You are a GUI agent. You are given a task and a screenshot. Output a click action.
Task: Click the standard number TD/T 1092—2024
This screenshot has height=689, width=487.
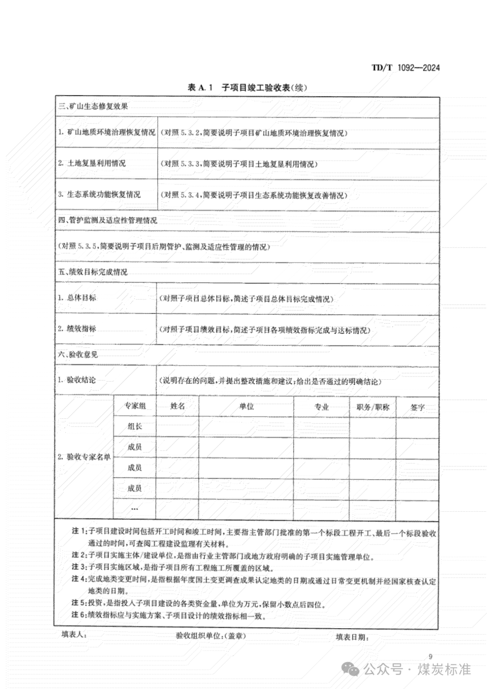pos(405,68)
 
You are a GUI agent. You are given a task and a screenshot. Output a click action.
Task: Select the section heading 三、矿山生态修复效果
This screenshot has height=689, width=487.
pos(93,107)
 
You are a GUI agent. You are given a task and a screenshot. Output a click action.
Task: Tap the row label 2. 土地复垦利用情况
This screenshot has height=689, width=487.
pos(92,163)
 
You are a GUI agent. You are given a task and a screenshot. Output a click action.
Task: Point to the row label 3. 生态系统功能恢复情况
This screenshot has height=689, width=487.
pos(99,194)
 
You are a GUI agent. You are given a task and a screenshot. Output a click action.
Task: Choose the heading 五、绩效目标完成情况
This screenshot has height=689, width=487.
pos(93,272)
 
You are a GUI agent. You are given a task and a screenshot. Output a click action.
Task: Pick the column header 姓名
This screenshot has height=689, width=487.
pos(178,406)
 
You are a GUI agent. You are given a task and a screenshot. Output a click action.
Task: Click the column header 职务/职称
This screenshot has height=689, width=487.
pos(373,407)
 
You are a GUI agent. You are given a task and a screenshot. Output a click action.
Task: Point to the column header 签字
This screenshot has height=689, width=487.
pos(418,407)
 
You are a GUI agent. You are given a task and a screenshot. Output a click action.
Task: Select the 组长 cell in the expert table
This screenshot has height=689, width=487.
pos(134,427)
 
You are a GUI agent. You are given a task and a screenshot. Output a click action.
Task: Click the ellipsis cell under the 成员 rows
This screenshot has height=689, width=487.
pos(134,509)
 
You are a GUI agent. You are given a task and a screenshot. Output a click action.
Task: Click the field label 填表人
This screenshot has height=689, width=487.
pos(74,635)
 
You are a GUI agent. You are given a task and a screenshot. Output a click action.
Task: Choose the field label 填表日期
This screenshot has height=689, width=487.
pos(352,637)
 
